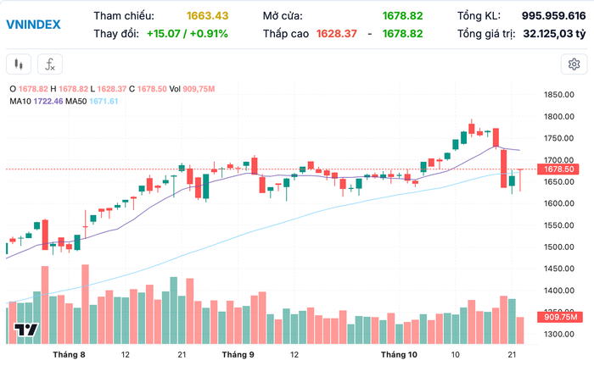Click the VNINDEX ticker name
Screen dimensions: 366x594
click(x=33, y=24)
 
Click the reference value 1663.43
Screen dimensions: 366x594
click(x=207, y=15)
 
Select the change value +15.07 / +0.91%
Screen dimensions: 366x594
click(x=182, y=33)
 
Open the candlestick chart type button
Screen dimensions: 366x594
click(x=20, y=64)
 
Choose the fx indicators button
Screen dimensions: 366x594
click(x=50, y=64)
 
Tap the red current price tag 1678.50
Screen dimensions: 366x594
click(x=561, y=169)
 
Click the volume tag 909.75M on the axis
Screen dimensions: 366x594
click(x=561, y=318)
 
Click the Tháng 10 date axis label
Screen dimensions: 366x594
click(x=399, y=354)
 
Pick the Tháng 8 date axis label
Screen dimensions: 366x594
click(x=70, y=354)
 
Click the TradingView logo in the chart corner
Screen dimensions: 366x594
click(x=26, y=330)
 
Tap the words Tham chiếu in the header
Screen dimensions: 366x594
click(x=124, y=15)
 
